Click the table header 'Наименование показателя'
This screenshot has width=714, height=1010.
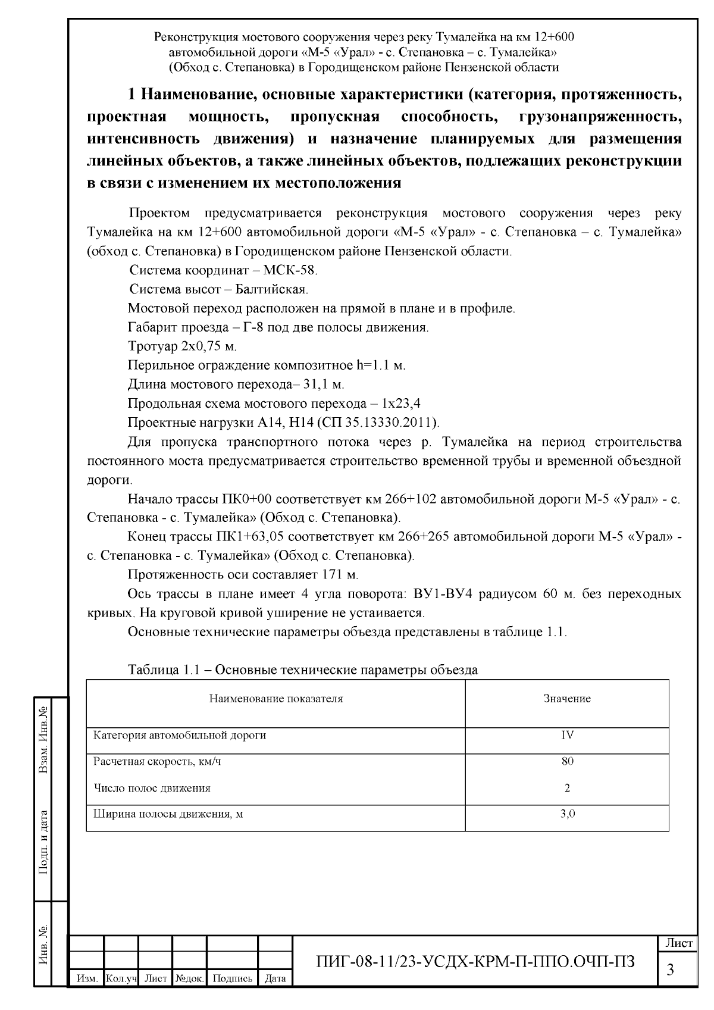[x=275, y=699]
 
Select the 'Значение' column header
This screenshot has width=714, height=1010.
[x=566, y=699]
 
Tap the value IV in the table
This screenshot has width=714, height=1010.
[x=567, y=735]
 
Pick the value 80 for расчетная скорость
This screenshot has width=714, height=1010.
[x=567, y=761]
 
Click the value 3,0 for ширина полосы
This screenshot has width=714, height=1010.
[x=567, y=814]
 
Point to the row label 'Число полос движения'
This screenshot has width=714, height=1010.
[x=152, y=788]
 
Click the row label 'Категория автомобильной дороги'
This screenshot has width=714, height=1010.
[x=180, y=735]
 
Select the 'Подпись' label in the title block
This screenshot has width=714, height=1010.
[x=231, y=978]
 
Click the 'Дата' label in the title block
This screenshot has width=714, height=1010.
[x=275, y=978]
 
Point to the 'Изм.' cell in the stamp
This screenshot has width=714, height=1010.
[x=87, y=978]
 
